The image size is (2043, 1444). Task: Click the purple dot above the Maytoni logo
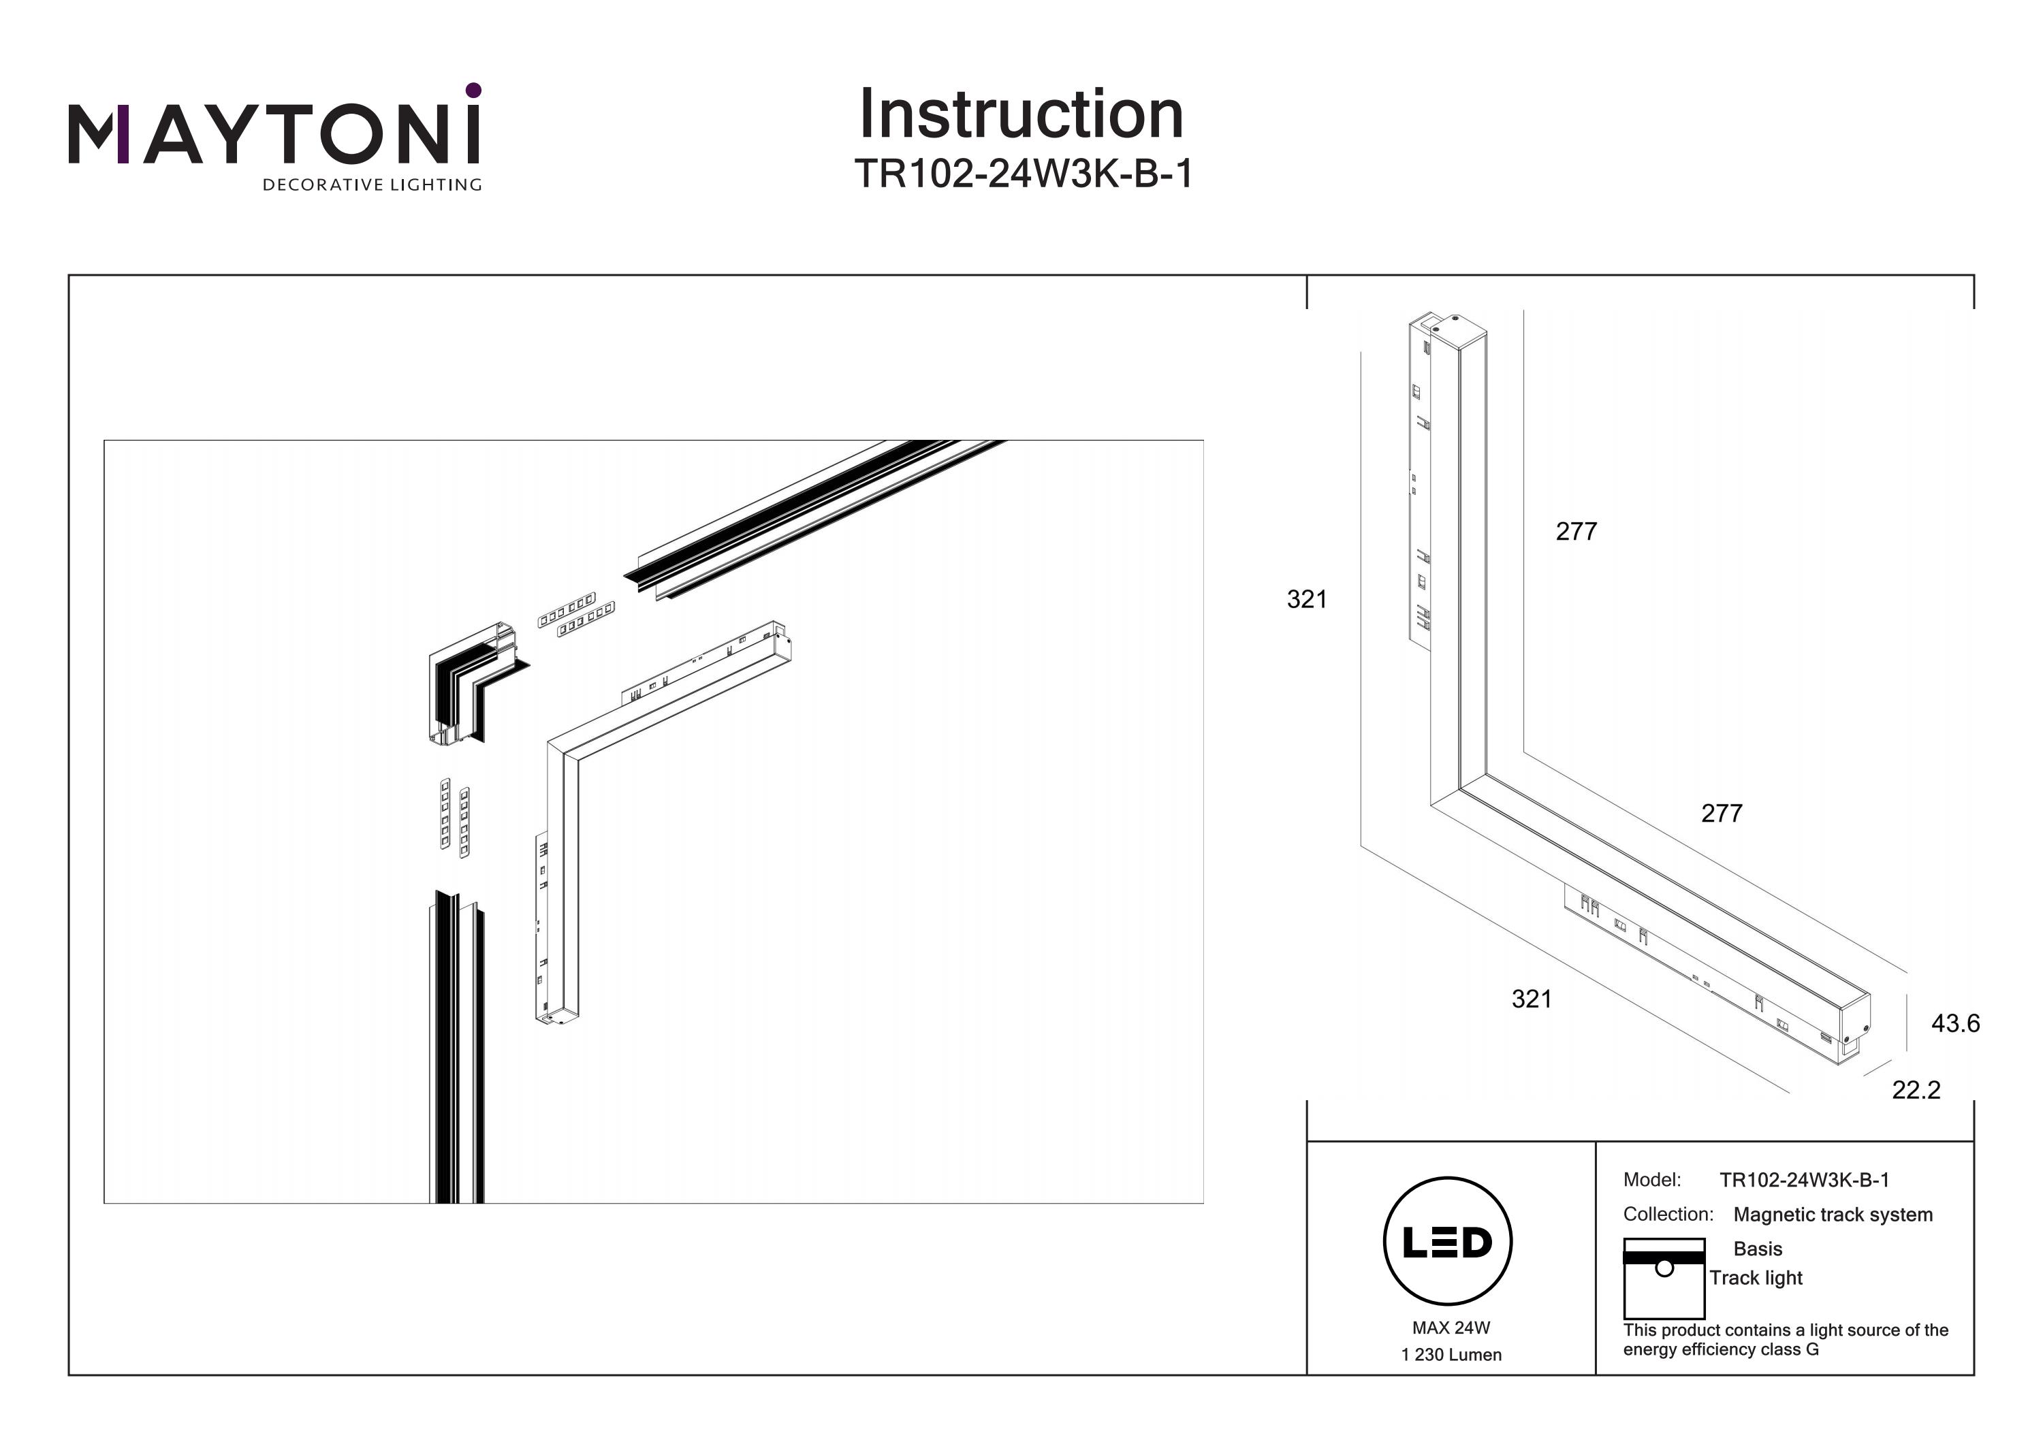(473, 90)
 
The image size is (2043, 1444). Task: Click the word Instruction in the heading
(1022, 115)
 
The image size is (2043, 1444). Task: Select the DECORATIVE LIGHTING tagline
(372, 185)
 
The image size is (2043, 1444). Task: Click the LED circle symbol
(1447, 1241)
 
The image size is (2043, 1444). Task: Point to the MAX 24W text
(1451, 1328)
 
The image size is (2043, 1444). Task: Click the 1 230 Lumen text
(1451, 1355)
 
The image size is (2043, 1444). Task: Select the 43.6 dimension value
(1955, 1023)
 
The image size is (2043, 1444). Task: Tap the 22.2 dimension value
(1916, 1090)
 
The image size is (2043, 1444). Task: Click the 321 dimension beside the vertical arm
(1306, 600)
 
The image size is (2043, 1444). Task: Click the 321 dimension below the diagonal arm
(1532, 999)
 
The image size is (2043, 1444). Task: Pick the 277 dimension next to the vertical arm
(1576, 531)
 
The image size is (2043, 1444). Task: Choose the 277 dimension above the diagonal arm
(1721, 813)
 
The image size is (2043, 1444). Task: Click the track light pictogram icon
(1663, 1278)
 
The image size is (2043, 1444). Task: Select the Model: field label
(1651, 1180)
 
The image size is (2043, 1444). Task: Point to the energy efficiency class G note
(1785, 1339)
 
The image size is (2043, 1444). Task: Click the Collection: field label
(1668, 1215)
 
